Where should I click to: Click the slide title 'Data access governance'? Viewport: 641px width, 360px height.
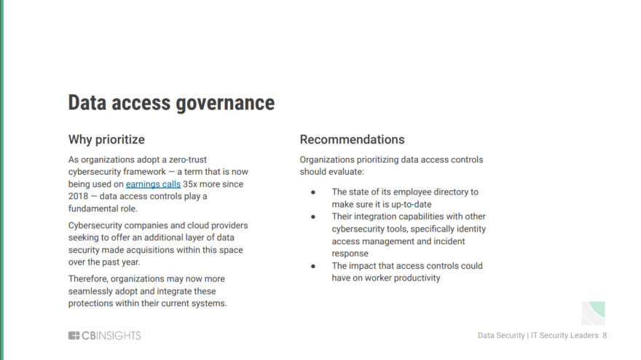coord(171,103)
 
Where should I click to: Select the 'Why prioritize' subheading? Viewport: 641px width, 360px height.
coord(106,139)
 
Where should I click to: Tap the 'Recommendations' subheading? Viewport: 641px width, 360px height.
coord(352,139)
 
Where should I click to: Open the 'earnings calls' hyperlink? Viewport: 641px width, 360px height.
coord(153,184)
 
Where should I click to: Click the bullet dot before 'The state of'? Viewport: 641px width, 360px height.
coord(313,192)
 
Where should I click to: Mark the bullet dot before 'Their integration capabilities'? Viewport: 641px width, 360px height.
coord(313,217)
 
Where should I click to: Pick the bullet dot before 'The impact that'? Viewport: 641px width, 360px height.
coord(313,266)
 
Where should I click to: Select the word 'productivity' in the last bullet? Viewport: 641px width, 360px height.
coord(415,278)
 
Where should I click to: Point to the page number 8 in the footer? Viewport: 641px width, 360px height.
coord(605,336)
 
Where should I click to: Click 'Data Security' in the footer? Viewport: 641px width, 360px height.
coord(501,336)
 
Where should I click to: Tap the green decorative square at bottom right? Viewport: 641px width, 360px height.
coord(593,313)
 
